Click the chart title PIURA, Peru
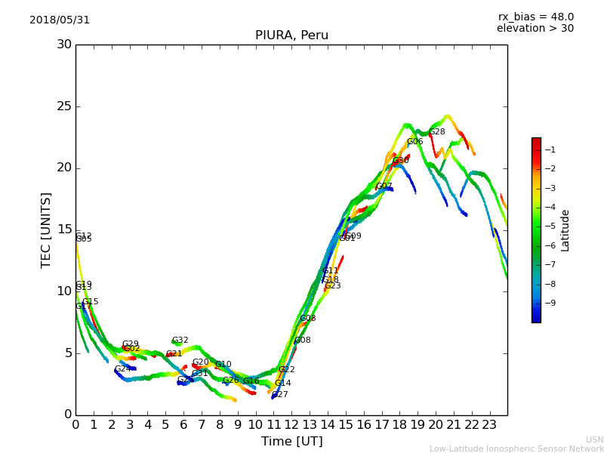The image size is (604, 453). click(x=291, y=35)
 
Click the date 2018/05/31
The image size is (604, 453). click(x=60, y=20)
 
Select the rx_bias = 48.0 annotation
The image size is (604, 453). click(x=535, y=17)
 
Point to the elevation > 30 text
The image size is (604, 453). click(x=535, y=29)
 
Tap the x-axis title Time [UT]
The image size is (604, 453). click(x=291, y=442)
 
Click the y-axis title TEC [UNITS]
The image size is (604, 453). click(x=46, y=230)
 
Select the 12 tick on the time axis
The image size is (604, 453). click(x=291, y=424)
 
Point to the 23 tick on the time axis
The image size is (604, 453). click(x=489, y=424)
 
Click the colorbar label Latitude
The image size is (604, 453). click(x=565, y=230)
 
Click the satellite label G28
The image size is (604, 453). click(x=437, y=132)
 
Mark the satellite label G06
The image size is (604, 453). click(x=414, y=142)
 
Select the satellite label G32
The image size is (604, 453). click(x=180, y=341)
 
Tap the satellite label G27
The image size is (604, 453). click(x=279, y=395)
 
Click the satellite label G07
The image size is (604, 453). click(x=384, y=186)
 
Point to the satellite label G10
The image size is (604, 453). click(x=223, y=365)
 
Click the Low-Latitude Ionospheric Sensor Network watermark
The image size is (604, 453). click(x=516, y=448)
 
